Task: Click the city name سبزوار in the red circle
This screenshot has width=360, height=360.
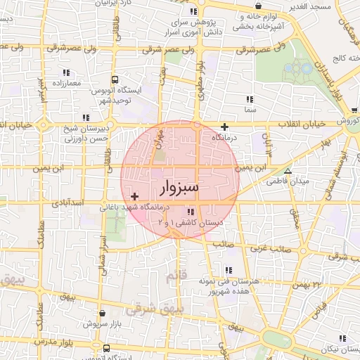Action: pos(179,188)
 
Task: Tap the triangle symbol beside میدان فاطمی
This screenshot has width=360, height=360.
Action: pos(287,171)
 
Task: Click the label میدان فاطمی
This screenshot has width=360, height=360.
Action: pos(288,181)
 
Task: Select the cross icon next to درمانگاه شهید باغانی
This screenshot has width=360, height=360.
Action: pos(135,195)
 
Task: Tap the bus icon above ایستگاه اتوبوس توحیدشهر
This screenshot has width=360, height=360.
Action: pos(115,80)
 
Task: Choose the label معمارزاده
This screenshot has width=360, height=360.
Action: pos(65,83)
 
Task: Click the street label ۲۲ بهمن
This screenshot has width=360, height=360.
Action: pos(307,285)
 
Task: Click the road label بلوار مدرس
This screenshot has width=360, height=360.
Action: pos(57,342)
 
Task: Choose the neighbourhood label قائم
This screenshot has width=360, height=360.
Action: pos(175,278)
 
